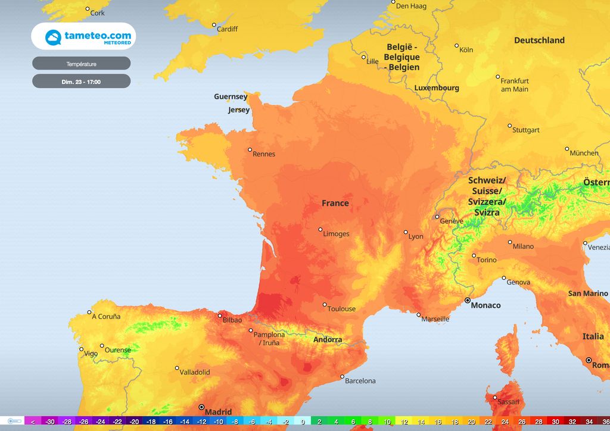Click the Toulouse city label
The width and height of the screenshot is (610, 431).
[x=341, y=308]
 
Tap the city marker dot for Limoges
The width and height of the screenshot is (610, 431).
[x=320, y=229]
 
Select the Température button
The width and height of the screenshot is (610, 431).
[x=81, y=64]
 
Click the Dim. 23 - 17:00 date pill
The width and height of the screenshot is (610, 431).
[x=81, y=82]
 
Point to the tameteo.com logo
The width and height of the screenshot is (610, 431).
[x=83, y=38]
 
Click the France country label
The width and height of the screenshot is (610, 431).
[x=335, y=203]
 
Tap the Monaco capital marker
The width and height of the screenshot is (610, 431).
[x=468, y=301]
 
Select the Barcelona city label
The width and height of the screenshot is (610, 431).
[x=360, y=380]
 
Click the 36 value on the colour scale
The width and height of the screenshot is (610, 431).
[x=606, y=421]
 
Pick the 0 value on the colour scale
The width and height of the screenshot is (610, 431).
[x=303, y=421]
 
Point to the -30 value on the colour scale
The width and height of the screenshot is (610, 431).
[x=51, y=421]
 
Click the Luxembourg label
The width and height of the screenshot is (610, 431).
[x=437, y=88]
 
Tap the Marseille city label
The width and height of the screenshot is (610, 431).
[x=435, y=319]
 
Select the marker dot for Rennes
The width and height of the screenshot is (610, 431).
[x=250, y=149]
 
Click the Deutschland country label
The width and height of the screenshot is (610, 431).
[x=539, y=40]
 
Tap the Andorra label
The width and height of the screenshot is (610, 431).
[x=328, y=339]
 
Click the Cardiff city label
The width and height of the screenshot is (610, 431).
[x=227, y=29]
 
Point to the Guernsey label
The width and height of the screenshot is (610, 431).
[x=231, y=96]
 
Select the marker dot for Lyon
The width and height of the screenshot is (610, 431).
[x=406, y=232]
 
